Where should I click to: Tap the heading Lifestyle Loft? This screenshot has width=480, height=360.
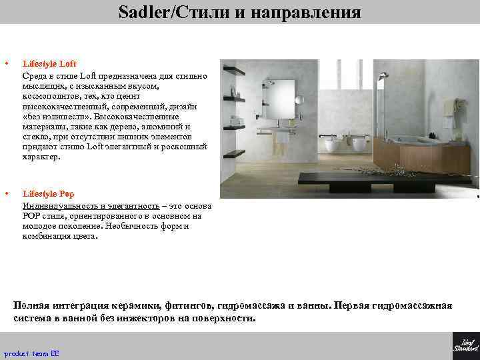coord(49,64)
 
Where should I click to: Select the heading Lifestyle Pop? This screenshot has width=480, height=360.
coord(48,194)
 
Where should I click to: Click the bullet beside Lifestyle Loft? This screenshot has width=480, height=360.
coord(6,64)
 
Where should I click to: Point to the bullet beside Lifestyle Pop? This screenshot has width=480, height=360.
coord(6,194)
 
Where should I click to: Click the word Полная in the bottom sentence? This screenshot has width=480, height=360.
coord(31,306)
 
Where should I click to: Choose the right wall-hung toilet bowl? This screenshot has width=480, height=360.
coord(359,143)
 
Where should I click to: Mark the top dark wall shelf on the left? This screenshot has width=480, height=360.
coord(233,69)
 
